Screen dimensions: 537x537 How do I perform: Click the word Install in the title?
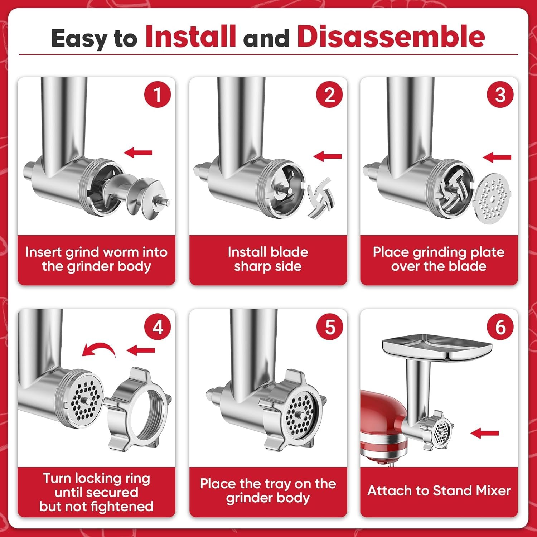[190, 37]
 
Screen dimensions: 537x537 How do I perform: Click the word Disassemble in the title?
[391, 37]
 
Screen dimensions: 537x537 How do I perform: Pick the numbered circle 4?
[158, 327]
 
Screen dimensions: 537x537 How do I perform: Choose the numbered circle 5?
[330, 327]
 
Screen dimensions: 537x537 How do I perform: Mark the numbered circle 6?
[500, 327]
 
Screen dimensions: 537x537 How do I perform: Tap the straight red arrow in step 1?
[138, 153]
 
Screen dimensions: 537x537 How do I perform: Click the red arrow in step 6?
[484, 433]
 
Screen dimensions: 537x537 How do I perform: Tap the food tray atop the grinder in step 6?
[437, 347]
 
